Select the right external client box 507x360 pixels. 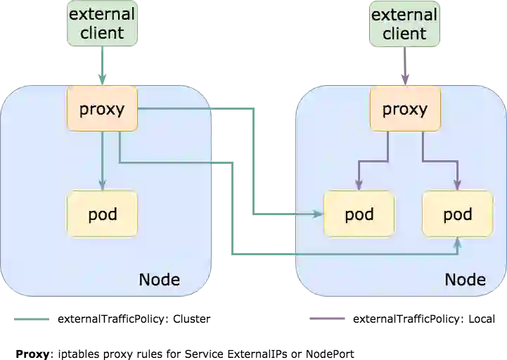point(404,24)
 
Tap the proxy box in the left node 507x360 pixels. point(102,109)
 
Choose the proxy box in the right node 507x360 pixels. point(405,109)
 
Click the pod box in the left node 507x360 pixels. point(102,214)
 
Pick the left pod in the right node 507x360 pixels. point(359,214)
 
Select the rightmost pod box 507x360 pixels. point(458,214)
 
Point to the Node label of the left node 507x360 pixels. point(159,279)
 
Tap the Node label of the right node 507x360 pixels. point(465,279)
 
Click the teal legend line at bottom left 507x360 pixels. point(31,318)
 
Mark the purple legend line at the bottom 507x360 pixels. point(329,318)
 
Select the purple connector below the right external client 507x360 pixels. point(404,67)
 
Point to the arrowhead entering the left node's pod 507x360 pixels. point(103,186)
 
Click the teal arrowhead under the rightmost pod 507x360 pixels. point(458,242)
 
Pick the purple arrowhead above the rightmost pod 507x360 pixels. point(458,186)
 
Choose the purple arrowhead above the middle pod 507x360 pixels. point(359,186)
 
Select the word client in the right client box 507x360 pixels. point(404,33)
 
